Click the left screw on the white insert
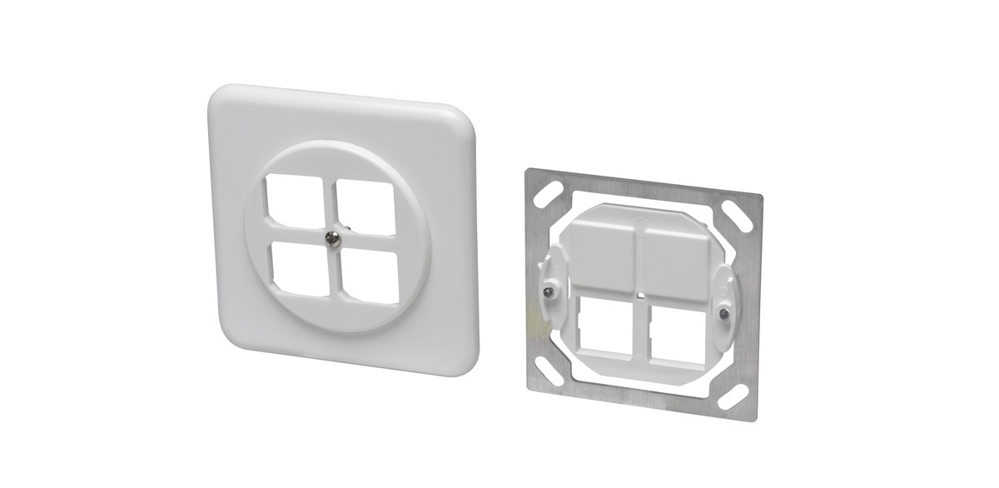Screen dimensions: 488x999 tap(548, 291)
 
